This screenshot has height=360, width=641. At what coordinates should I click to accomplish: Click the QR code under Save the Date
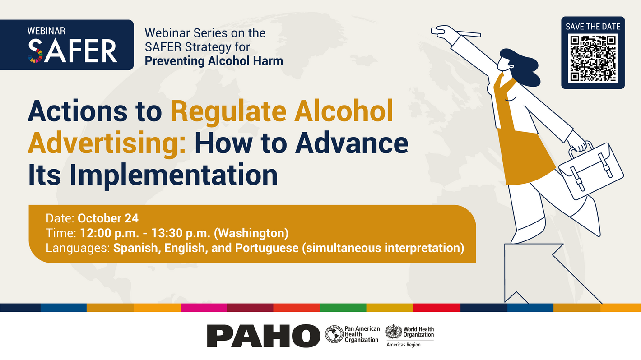click(593, 59)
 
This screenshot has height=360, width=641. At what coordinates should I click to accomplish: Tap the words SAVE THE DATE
click(593, 27)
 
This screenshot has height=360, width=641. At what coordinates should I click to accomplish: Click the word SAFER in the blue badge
click(72, 51)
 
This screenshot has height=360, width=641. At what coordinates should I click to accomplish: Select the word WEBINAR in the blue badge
click(46, 31)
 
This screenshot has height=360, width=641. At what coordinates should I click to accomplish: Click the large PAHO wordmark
click(264, 336)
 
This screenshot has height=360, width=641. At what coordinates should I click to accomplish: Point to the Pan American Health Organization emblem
click(334, 335)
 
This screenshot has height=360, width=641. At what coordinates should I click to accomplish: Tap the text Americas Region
click(403, 345)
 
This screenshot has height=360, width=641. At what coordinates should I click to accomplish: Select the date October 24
click(108, 219)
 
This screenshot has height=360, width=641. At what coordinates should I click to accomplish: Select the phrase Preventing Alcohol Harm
click(214, 61)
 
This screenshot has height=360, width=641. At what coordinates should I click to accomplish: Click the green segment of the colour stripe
click(343, 308)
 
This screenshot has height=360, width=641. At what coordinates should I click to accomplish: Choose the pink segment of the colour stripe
click(204, 308)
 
